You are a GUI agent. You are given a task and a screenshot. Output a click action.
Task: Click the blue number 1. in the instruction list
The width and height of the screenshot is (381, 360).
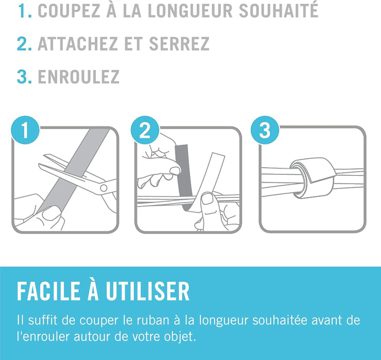[25, 10]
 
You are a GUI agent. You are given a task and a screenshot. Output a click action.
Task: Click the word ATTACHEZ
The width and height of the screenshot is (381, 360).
[78, 44]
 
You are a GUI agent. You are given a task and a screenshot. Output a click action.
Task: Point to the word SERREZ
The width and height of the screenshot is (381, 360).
[179, 44]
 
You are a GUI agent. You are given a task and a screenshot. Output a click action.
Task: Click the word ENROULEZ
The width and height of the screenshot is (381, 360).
[79, 77]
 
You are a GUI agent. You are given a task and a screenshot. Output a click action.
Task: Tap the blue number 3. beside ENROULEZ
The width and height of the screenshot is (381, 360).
[24, 77]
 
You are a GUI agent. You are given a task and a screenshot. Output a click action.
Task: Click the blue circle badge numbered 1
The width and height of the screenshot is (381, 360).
[25, 130]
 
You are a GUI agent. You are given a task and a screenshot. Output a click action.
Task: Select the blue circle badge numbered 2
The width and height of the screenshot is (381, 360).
[145, 130]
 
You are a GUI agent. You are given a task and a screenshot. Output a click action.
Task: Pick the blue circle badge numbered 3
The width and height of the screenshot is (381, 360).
[265, 130]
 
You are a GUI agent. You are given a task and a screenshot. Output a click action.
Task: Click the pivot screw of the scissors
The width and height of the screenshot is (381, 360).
[104, 188]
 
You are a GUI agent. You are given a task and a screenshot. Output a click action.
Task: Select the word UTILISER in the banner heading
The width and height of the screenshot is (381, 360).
[147, 291]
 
